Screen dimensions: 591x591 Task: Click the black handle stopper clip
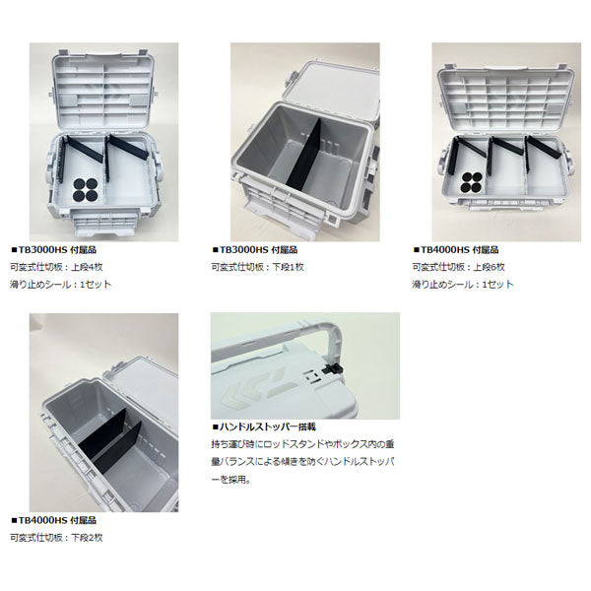tap(333, 369)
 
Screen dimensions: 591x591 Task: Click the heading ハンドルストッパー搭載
tap(264, 427)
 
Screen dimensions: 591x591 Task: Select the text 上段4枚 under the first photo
tap(87, 267)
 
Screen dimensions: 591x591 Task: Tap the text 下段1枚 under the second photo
tap(288, 267)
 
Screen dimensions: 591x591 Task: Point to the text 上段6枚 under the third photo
tap(489, 267)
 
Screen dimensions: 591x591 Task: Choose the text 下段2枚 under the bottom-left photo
tap(87, 538)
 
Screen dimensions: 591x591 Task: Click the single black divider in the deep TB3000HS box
tap(303, 155)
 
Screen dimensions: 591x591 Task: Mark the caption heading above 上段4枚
tap(53, 250)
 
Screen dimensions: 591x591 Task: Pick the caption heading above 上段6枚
tap(456, 250)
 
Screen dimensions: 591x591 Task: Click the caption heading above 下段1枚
tap(255, 250)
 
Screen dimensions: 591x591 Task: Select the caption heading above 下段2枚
tap(53, 520)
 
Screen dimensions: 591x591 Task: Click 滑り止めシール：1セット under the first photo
tap(61, 285)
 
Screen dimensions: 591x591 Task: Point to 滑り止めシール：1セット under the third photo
tap(463, 285)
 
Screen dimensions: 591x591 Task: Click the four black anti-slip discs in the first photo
tap(86, 189)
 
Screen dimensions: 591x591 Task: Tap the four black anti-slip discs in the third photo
tap(472, 182)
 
